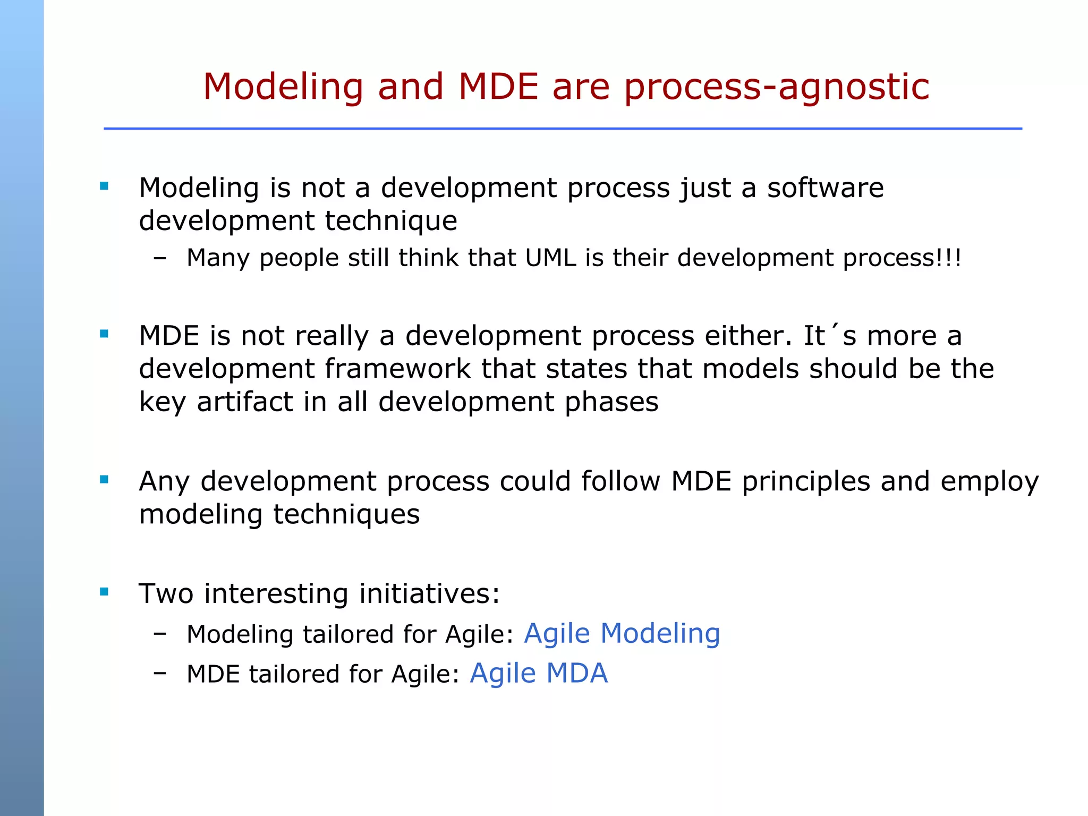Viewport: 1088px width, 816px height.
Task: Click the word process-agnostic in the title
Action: [777, 87]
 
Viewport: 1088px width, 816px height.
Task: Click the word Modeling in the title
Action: [283, 87]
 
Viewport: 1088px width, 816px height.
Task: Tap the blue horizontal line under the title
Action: [563, 129]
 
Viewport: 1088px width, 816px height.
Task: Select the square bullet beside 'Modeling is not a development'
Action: [104, 186]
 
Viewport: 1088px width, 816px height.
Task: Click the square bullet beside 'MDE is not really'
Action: [104, 334]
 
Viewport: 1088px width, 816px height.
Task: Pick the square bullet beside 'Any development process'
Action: [104, 480]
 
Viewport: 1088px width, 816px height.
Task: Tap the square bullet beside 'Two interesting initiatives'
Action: [104, 592]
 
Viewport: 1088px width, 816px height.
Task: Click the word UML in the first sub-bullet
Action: [550, 258]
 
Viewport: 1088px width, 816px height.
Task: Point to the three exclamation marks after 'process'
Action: [950, 258]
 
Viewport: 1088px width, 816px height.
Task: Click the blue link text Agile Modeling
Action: [622, 633]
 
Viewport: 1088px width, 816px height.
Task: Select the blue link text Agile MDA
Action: [539, 673]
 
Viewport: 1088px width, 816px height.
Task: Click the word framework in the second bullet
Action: [397, 369]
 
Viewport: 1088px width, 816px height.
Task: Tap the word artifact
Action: [245, 402]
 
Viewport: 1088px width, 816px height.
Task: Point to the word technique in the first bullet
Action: [391, 221]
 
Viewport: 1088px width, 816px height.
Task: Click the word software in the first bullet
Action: [825, 188]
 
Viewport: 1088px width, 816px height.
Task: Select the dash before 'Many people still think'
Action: [159, 259]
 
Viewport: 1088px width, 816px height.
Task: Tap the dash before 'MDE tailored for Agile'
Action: [159, 673]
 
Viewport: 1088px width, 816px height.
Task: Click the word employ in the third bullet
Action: [989, 482]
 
